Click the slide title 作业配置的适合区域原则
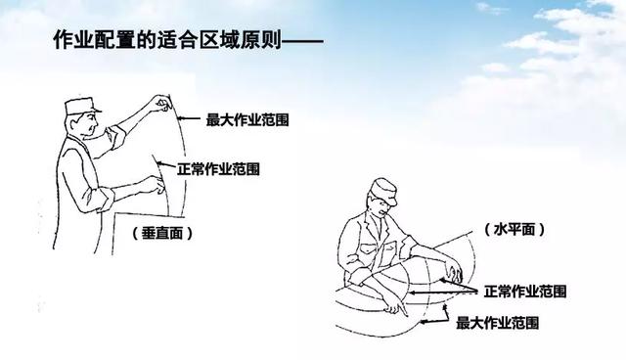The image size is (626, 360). [x=167, y=39]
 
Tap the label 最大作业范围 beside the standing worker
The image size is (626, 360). [x=247, y=119]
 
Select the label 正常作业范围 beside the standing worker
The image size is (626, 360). [x=219, y=169]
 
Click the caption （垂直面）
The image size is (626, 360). [x=162, y=233]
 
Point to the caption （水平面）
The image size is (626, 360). [x=514, y=229]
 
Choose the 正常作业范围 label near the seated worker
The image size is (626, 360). [x=525, y=292]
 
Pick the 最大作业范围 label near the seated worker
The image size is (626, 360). [x=498, y=323]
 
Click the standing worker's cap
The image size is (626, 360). [x=82, y=106]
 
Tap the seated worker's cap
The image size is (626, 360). [x=384, y=191]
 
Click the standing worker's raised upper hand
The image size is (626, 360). [x=163, y=103]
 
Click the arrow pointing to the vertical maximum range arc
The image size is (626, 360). [x=189, y=118]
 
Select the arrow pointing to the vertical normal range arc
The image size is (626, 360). [x=166, y=164]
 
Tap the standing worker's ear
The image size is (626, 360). [x=75, y=124]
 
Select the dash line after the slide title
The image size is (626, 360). [x=302, y=40]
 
